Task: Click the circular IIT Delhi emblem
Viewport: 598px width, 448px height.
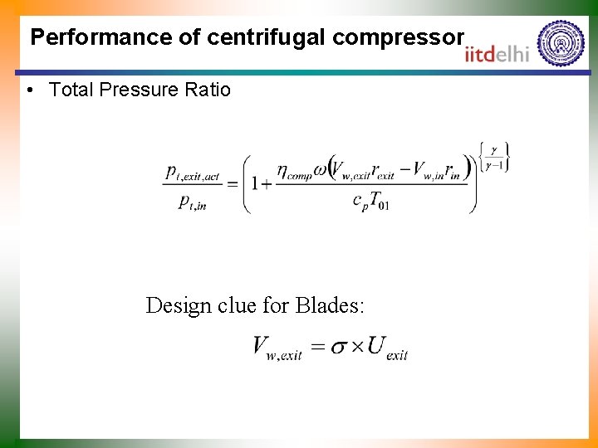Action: (x=561, y=43)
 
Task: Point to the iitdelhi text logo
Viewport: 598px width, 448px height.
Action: (x=498, y=54)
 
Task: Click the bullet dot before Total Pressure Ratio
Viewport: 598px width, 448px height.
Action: (x=30, y=90)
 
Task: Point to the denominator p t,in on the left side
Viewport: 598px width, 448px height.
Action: (x=192, y=202)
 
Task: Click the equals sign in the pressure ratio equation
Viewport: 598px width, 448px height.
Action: (x=233, y=184)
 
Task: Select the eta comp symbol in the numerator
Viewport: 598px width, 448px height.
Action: (x=292, y=172)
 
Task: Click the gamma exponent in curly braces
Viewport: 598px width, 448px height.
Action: (x=493, y=157)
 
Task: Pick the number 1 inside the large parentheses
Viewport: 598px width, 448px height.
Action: (x=256, y=183)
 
